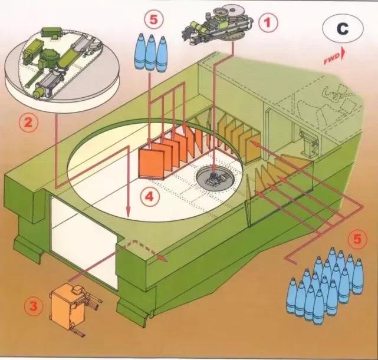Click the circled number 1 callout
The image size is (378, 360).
(x=268, y=22)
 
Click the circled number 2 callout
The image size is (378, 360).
(x=28, y=123)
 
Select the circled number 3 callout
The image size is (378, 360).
(x=33, y=306)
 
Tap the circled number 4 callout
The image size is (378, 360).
(x=150, y=197)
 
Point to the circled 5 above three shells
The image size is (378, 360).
(x=154, y=19)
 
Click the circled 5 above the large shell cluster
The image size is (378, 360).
(x=357, y=239)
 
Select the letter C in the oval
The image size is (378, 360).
(x=343, y=29)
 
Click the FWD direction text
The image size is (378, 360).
(x=332, y=59)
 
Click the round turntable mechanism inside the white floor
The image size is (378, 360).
(x=215, y=179)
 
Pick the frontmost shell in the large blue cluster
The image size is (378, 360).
(x=319, y=306)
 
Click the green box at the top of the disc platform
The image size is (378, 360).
(x=52, y=32)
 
